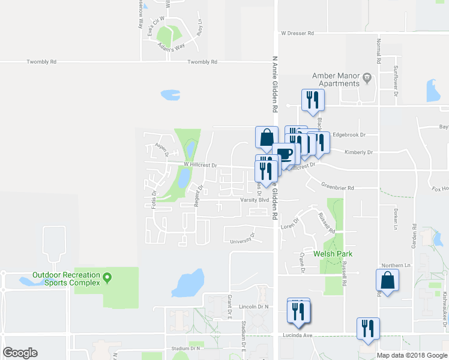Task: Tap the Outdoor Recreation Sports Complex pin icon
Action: click(x=107, y=278)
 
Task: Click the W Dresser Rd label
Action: click(x=297, y=34)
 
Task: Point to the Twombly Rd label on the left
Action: click(x=41, y=62)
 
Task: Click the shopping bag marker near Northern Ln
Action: click(x=387, y=280)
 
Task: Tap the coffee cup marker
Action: click(x=286, y=154)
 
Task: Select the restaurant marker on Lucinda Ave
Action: click(x=368, y=329)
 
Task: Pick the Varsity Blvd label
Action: click(x=253, y=199)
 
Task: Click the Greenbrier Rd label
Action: click(x=337, y=188)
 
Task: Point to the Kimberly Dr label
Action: click(x=358, y=152)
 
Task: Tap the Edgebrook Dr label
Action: click(x=349, y=135)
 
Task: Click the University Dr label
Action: click(x=243, y=241)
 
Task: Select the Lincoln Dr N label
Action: click(x=252, y=307)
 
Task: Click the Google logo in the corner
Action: click(x=20, y=352)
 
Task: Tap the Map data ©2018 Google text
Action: click(x=411, y=355)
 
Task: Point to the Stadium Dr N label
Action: click(x=184, y=348)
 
